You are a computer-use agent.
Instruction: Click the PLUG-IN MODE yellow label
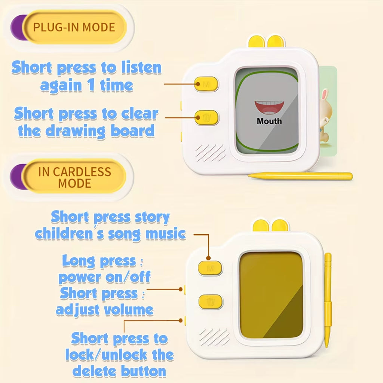pos(74,27)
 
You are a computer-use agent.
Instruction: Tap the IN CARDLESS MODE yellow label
pos(74,176)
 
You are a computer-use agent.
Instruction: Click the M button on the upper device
pos(206,84)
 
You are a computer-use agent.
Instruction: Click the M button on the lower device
pos(210,268)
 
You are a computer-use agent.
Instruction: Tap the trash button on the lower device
pos(210,301)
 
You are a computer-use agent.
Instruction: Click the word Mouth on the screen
pos(269,121)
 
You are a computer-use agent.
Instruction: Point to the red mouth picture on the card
pos(269,108)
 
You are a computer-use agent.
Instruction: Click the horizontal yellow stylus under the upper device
pos(300,176)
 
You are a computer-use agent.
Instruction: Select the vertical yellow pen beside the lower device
pos(328,300)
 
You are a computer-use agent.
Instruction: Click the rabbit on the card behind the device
pos(326,115)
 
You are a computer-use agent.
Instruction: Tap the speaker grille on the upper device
pos(210,153)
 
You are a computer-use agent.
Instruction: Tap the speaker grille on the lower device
pos(214,337)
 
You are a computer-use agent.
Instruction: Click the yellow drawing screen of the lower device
pos(271,295)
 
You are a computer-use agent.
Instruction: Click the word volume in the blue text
pos(129,310)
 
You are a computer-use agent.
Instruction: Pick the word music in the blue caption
pos(166,234)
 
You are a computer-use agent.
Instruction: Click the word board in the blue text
pos(133,131)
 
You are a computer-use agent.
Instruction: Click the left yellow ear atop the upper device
pos(257,42)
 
